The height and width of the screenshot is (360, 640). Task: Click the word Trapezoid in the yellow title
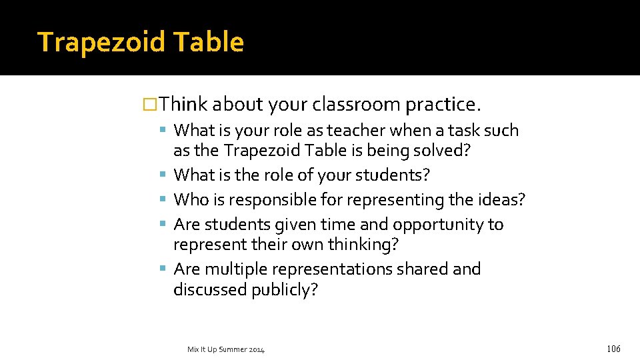[x=101, y=42]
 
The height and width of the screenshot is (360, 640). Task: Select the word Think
[x=185, y=105]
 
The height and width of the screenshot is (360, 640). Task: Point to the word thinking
[x=363, y=245]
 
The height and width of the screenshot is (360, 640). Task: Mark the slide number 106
[x=613, y=348]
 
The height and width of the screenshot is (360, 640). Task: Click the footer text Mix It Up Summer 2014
[x=226, y=349]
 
